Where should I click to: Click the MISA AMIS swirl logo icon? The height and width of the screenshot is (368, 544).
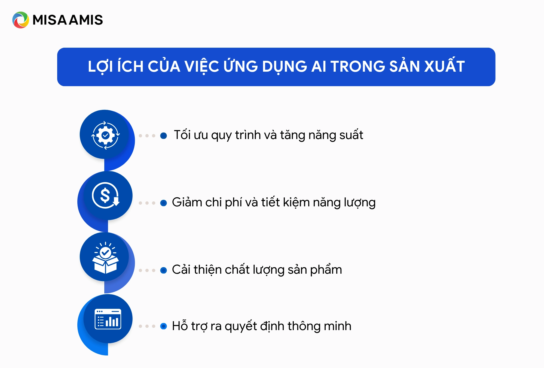tap(20, 20)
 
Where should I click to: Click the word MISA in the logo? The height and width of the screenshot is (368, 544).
tap(50, 20)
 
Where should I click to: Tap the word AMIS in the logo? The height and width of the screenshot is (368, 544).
tap(86, 20)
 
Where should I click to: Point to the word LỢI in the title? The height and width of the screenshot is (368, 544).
tap(100, 67)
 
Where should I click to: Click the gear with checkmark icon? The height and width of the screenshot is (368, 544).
tap(105, 135)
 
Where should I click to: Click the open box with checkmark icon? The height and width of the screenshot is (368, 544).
tap(105, 258)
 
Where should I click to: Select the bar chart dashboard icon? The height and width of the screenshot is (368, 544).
tap(108, 319)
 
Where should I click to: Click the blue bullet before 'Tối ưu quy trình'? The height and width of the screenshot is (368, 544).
tap(164, 136)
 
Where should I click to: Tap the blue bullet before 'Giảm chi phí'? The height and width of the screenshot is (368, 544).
tap(164, 203)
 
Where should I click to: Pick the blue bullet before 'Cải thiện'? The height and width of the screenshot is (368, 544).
tap(164, 270)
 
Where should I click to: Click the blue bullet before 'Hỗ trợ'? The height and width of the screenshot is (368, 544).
tap(164, 326)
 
